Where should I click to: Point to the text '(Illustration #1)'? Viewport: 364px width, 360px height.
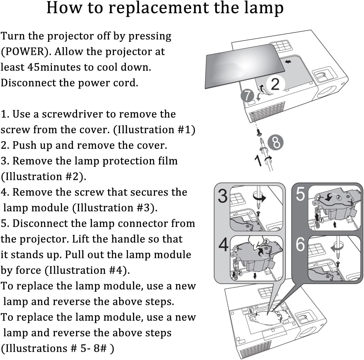154,130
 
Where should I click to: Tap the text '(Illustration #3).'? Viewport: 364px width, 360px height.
115,208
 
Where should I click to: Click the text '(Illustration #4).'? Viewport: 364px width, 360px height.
87,270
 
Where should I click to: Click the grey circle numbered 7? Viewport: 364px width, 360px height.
247,96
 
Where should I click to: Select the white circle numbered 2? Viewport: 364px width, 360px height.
275,84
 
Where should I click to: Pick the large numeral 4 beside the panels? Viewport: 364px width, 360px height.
223,244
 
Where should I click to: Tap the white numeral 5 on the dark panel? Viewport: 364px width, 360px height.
300,194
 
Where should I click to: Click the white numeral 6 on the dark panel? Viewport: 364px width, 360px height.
300,244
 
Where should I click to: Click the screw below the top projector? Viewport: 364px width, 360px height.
259,132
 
